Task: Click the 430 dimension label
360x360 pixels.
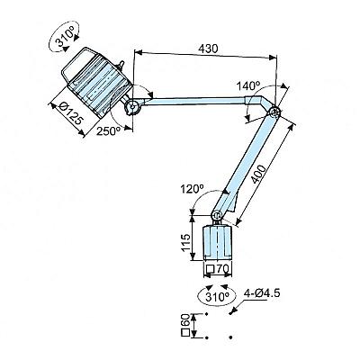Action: click(x=208, y=49)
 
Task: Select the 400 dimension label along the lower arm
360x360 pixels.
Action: click(x=258, y=174)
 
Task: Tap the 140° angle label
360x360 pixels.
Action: click(x=247, y=86)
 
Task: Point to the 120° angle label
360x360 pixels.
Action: click(x=192, y=189)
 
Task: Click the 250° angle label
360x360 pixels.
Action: click(x=108, y=130)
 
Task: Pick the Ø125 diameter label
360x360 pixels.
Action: click(x=70, y=113)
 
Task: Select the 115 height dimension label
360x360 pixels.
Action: click(x=186, y=242)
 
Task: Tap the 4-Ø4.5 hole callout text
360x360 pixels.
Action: click(x=262, y=292)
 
